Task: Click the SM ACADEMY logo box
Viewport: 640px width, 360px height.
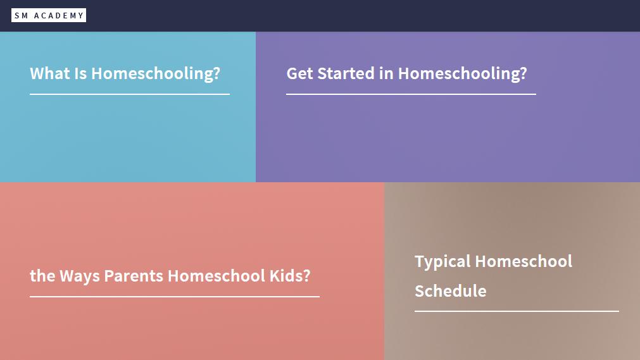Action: click(x=49, y=16)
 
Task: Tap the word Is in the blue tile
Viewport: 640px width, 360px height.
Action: click(x=80, y=73)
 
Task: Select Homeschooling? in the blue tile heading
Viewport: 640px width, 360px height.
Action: click(x=156, y=74)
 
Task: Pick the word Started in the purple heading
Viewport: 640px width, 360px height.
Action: click(x=346, y=73)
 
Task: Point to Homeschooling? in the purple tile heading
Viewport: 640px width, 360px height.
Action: click(x=463, y=74)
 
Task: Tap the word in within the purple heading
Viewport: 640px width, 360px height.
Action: click(x=386, y=73)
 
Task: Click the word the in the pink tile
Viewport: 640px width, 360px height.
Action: click(x=42, y=276)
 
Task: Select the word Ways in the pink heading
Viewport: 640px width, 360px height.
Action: click(x=80, y=276)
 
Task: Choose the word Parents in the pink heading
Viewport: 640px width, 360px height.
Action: click(x=134, y=276)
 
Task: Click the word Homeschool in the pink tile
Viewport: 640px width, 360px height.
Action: click(x=216, y=276)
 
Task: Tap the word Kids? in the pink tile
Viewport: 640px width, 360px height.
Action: click(x=290, y=276)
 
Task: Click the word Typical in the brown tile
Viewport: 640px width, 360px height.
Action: click(x=443, y=262)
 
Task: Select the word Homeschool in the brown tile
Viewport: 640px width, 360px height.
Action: click(x=524, y=261)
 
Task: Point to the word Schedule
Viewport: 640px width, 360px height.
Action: click(x=451, y=291)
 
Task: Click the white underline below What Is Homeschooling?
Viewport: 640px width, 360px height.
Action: click(x=130, y=94)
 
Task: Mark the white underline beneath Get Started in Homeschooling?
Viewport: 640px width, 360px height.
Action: click(x=411, y=94)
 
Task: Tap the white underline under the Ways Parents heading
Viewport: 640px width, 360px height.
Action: click(x=175, y=297)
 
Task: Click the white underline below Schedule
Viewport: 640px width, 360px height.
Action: click(x=517, y=311)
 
